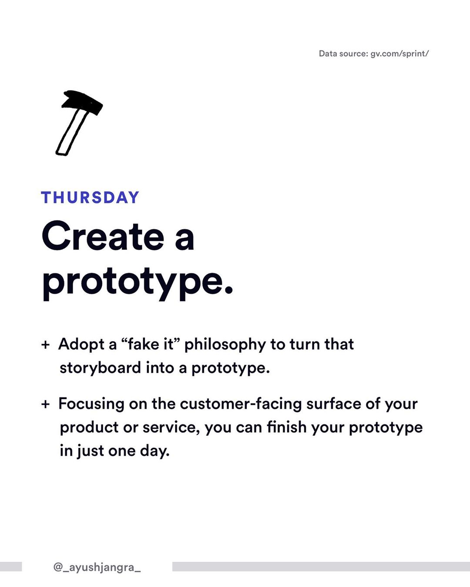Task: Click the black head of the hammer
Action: pyautogui.click(x=82, y=102)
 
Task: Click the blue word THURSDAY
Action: pyautogui.click(x=90, y=197)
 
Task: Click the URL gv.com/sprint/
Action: pyautogui.click(x=399, y=54)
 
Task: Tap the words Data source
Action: pyautogui.click(x=343, y=53)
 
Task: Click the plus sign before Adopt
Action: pyautogui.click(x=45, y=345)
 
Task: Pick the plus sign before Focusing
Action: pyautogui.click(x=45, y=404)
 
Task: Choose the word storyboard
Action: pyautogui.click(x=101, y=368)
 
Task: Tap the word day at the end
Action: pyautogui.click(x=154, y=452)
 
